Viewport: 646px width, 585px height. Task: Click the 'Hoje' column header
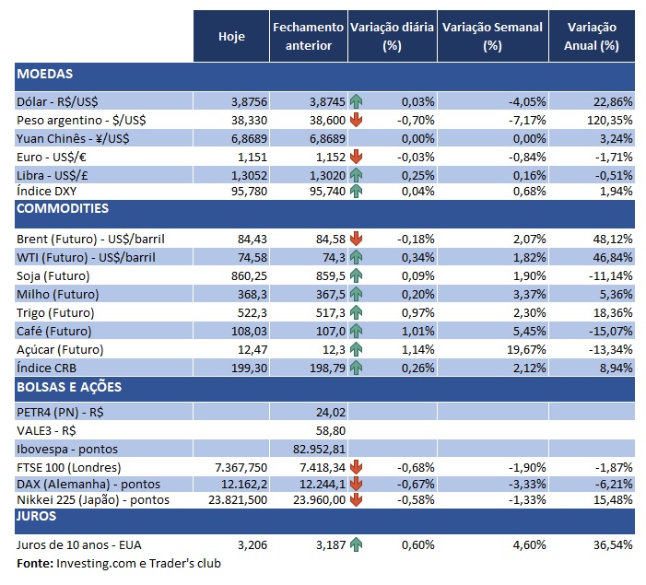click(231, 37)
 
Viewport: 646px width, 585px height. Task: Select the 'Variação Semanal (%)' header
click(493, 37)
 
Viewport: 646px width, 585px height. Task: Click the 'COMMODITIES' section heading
click(63, 209)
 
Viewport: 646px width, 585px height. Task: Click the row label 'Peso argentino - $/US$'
click(81, 120)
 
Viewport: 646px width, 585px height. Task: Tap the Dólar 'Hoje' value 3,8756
click(245, 101)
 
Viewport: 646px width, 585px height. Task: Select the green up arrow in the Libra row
click(356, 173)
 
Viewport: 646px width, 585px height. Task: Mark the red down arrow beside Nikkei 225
click(356, 500)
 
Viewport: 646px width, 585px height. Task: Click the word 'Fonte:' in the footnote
click(34, 563)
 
